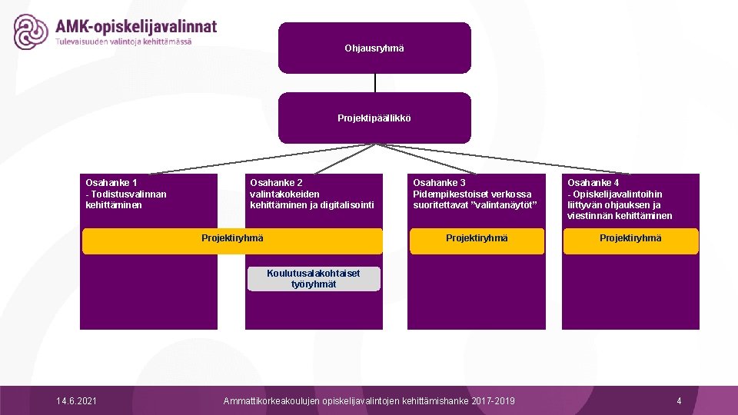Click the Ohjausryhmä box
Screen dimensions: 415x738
point(374,48)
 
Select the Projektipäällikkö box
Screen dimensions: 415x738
point(374,118)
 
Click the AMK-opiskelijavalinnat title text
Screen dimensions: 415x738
point(136,26)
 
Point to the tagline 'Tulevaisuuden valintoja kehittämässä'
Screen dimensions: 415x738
point(124,41)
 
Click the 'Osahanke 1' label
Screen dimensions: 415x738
point(111,183)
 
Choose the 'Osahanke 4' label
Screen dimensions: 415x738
point(593,183)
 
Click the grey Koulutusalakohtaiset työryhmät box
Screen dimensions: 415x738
point(314,279)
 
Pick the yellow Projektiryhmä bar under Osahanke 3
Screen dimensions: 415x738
point(477,238)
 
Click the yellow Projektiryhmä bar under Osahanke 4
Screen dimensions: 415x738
point(630,238)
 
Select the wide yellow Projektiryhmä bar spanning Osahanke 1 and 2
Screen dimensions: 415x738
point(232,239)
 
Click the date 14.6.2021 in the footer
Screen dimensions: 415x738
point(77,401)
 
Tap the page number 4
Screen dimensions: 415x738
point(679,401)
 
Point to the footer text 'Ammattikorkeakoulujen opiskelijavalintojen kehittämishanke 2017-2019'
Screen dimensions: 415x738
point(369,401)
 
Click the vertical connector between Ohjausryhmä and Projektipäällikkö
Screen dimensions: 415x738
point(374,83)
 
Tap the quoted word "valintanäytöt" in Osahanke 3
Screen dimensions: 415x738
point(507,205)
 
